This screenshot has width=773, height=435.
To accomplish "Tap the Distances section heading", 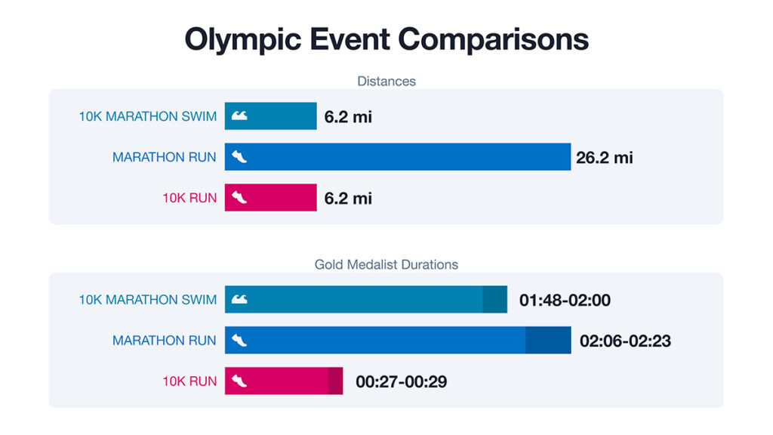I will pyautogui.click(x=386, y=81).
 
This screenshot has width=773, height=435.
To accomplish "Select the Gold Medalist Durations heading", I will pyautogui.click(x=386, y=265).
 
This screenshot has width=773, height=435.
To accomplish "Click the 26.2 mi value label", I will pyautogui.click(x=604, y=158).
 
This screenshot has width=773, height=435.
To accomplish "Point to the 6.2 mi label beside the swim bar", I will pyautogui.click(x=348, y=117).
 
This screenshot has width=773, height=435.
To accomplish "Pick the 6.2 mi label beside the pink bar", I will pyautogui.click(x=348, y=199).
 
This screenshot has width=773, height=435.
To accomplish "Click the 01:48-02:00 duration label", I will pyautogui.click(x=565, y=301).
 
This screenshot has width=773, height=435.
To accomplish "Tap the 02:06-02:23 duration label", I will pyautogui.click(x=625, y=341).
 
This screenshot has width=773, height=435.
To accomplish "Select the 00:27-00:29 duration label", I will pyautogui.click(x=401, y=382).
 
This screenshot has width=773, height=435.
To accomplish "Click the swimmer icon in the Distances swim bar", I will pyautogui.click(x=239, y=116).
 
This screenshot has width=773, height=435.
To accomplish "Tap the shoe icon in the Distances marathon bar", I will pyautogui.click(x=239, y=157).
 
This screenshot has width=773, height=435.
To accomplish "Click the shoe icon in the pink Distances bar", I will pyautogui.click(x=239, y=198).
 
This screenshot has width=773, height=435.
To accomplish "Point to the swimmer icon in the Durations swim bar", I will pyautogui.click(x=239, y=300).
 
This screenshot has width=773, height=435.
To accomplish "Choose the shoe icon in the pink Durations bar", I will pyautogui.click(x=239, y=381).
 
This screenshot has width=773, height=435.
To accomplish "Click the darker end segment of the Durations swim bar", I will pyautogui.click(x=495, y=300).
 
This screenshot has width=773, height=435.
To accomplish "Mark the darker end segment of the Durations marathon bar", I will pyautogui.click(x=548, y=341).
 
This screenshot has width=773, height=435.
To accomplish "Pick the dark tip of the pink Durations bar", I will pyautogui.click(x=335, y=381).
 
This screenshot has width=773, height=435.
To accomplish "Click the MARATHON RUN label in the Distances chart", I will pyautogui.click(x=165, y=158).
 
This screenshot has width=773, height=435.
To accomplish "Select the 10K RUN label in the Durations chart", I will pyautogui.click(x=189, y=381).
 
